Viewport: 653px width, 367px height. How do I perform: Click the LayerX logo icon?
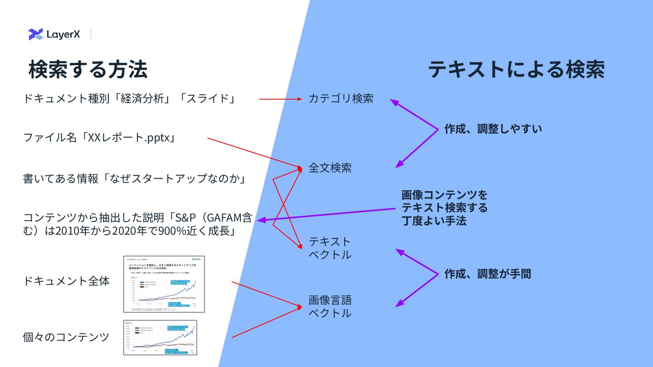(35, 34)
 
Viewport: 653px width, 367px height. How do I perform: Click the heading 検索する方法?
(88, 70)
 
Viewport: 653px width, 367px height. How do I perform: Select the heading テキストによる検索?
(516, 70)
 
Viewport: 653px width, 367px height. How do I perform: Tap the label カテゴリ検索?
(341, 98)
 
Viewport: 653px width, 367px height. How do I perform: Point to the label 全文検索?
(330, 168)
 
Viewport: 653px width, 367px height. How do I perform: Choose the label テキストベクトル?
(330, 248)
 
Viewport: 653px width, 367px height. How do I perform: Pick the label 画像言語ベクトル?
(330, 306)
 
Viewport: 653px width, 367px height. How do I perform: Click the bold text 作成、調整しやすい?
(493, 129)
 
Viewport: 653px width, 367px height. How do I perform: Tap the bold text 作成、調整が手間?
(487, 274)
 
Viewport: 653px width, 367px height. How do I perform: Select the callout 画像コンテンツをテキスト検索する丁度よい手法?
(444, 208)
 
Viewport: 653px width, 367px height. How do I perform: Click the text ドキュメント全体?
(66, 281)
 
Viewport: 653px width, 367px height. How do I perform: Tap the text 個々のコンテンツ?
(66, 337)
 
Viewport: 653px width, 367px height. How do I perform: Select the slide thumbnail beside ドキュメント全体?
(164, 284)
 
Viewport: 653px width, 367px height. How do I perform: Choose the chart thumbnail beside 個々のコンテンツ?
(160, 337)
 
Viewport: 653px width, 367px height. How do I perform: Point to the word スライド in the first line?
(207, 98)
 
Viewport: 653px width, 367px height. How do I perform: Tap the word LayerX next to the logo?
(63, 34)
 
